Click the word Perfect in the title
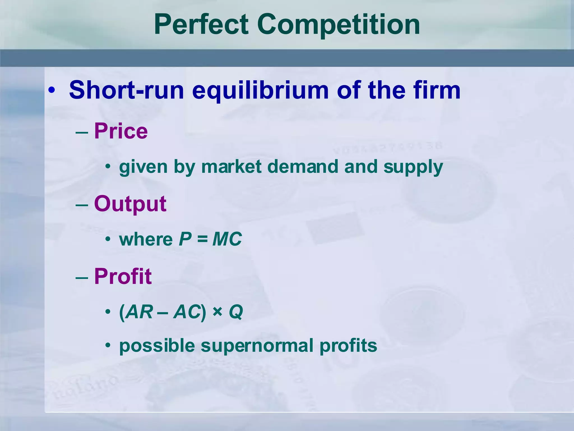coord(201,25)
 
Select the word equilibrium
coord(260,90)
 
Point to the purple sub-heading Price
coord(121,131)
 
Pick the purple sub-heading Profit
coord(123,276)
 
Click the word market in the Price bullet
coord(232,167)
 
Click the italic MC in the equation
coord(227,239)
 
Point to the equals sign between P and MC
coord(202,239)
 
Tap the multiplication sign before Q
coord(217,312)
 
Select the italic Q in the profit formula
coord(236,312)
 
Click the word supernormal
coord(257,346)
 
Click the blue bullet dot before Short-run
coord(51,90)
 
